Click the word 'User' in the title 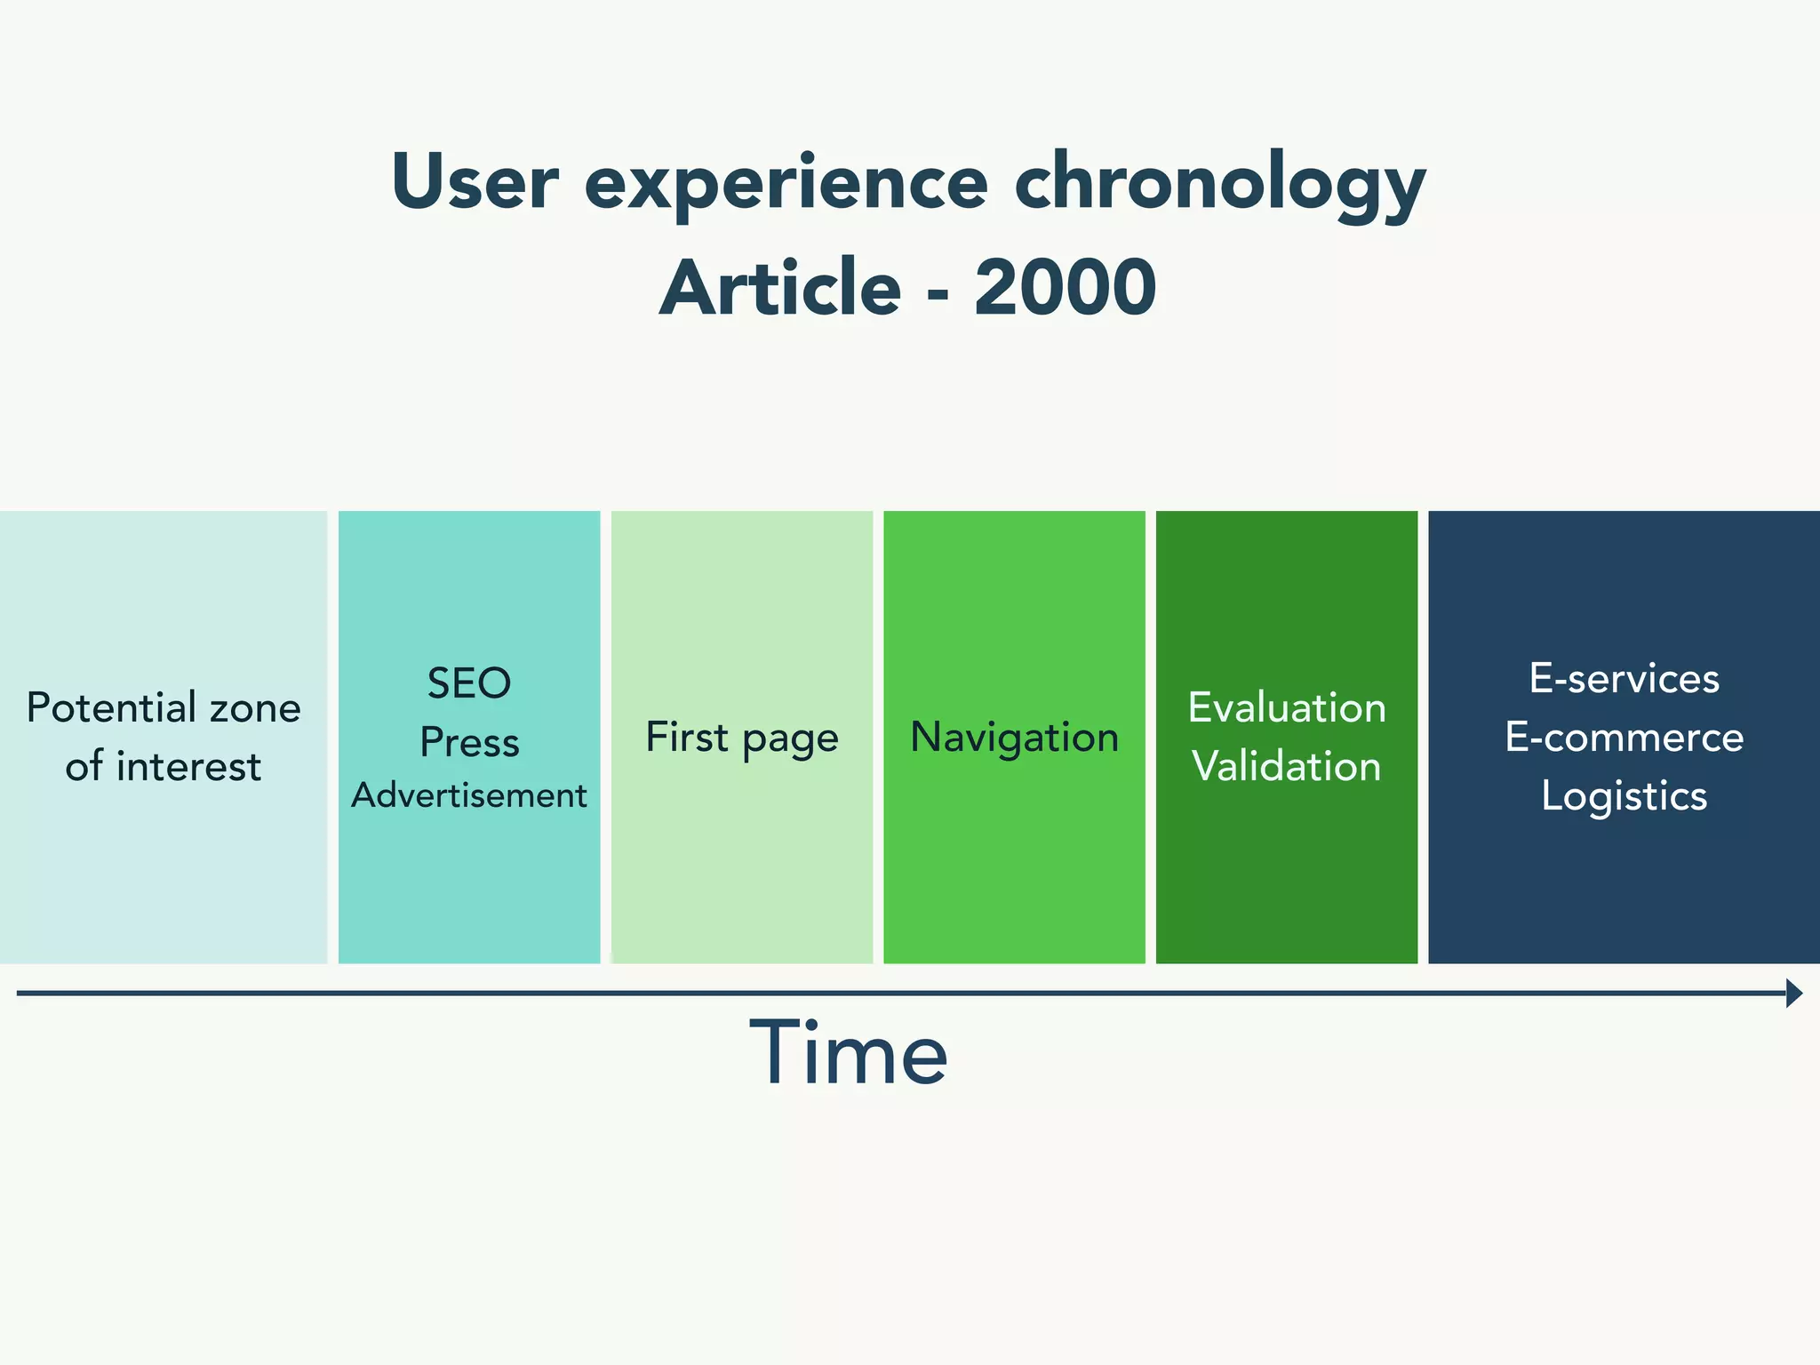pos(475,182)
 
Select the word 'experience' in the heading pos(786,184)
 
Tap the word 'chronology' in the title pos(1219,184)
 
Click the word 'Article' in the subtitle pos(780,288)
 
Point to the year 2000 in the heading pos(1065,288)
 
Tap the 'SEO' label pos(469,683)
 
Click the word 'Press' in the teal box pos(469,742)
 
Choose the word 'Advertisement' pos(469,795)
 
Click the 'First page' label pos(742,738)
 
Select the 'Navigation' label pos(1014,738)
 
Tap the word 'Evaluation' pos(1287,708)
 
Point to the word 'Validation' pos(1287,767)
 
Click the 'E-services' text pos(1624,679)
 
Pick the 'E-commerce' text pos(1624,738)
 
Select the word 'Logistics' pos(1624,796)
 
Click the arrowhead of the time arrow pos(1793,993)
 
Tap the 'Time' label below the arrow pos(849,1054)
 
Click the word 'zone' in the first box pos(255,708)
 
